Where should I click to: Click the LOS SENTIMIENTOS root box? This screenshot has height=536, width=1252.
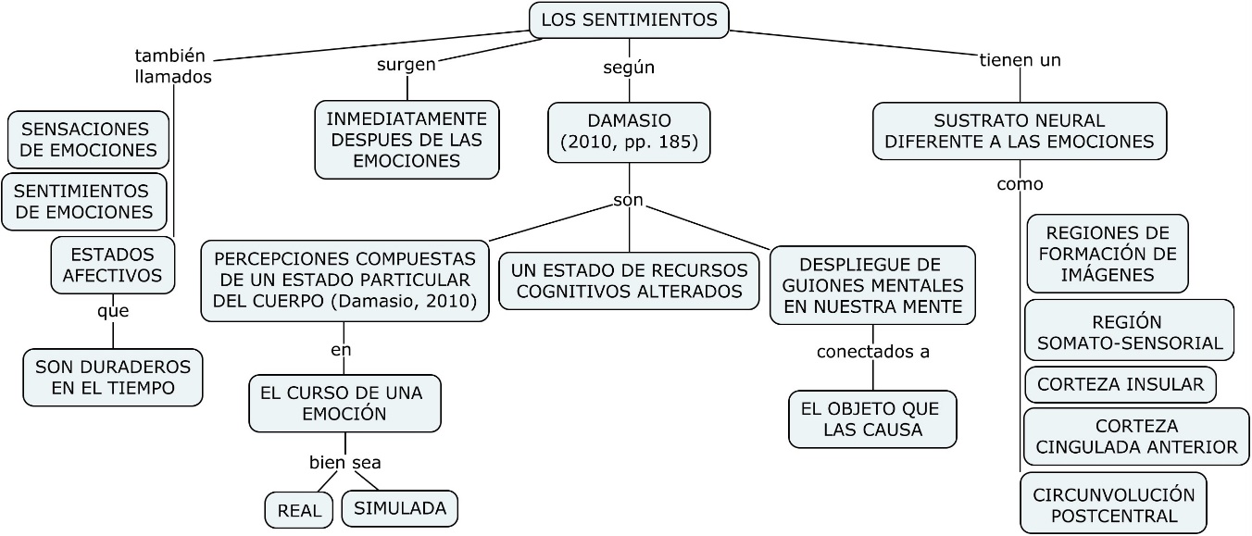coord(629,19)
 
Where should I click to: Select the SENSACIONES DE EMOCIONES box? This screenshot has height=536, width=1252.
coord(89,139)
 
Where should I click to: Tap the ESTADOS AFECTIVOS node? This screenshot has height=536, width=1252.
coord(112,264)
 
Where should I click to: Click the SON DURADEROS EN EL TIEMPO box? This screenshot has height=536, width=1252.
coord(113,377)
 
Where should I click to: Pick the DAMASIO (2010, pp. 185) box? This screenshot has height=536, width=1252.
coord(629,131)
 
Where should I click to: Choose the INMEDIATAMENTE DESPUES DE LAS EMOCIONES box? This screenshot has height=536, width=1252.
coord(407,139)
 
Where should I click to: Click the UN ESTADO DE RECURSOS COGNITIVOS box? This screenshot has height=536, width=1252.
coord(629,280)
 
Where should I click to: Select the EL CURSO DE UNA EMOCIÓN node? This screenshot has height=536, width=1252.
coord(344,403)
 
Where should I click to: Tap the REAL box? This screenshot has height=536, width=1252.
coord(298,510)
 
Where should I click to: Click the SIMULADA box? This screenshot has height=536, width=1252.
coord(400,507)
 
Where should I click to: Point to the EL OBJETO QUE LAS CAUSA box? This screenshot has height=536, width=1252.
coord(872,418)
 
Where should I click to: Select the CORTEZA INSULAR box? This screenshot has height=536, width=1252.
coord(1120,384)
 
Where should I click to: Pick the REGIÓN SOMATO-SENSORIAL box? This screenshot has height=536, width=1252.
coord(1129,332)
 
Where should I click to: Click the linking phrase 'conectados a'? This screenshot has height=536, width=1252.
coord(872,351)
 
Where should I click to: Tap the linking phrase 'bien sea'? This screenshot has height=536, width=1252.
coord(344,462)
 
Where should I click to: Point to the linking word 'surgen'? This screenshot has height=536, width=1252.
coord(406,64)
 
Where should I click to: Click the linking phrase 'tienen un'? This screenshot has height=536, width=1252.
coord(1020,60)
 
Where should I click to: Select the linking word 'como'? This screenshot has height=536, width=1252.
coord(1020,183)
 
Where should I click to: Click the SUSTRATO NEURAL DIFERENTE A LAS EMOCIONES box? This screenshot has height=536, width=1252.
coord(1020,131)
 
